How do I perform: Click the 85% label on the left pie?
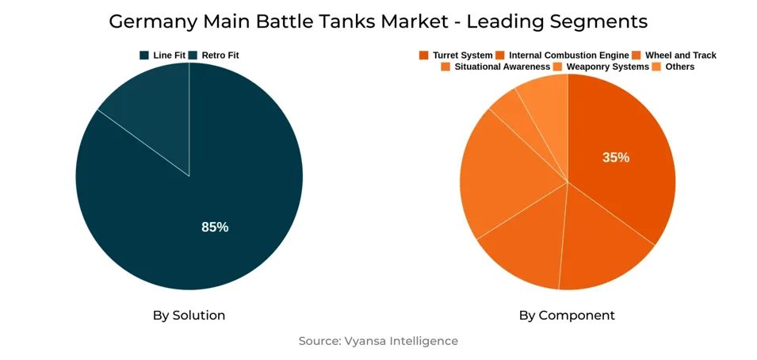(x=215, y=228)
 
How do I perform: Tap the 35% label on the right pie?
(x=616, y=158)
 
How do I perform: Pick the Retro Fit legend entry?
(x=220, y=56)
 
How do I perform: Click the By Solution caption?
(x=189, y=316)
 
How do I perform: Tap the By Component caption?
(x=567, y=316)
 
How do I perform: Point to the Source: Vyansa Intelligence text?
(x=378, y=341)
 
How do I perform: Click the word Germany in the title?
(x=147, y=21)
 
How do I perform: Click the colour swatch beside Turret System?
(x=424, y=56)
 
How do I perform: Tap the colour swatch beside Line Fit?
(x=144, y=56)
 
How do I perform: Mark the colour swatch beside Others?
(x=656, y=67)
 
